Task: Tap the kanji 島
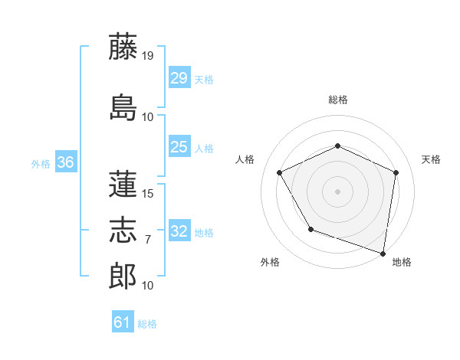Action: pos(123,106)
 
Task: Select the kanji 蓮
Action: pos(123,185)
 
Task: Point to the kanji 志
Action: pos(123,231)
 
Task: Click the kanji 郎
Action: pos(123,276)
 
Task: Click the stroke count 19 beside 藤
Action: pos(148,55)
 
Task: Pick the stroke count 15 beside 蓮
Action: pos(148,194)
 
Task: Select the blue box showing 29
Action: pos(179,78)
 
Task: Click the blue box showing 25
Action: pos(179,147)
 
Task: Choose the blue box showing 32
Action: pos(179,231)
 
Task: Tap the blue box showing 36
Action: pos(65,162)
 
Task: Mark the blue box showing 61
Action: pos(123,322)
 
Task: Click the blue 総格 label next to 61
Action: pos(147,324)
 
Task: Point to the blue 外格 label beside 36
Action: pos(41,163)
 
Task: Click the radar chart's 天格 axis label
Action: pos(431,159)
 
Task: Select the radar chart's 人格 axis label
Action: pos(245,159)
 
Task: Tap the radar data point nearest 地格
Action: pos(383,253)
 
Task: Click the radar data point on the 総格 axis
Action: pos(337,146)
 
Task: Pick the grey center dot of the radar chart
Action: pos(337,191)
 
